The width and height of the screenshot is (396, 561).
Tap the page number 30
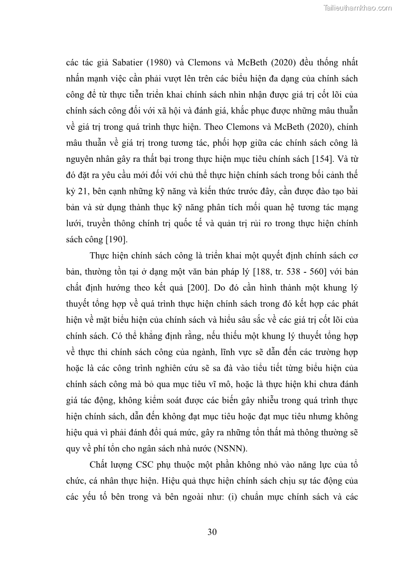click(212, 532)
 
